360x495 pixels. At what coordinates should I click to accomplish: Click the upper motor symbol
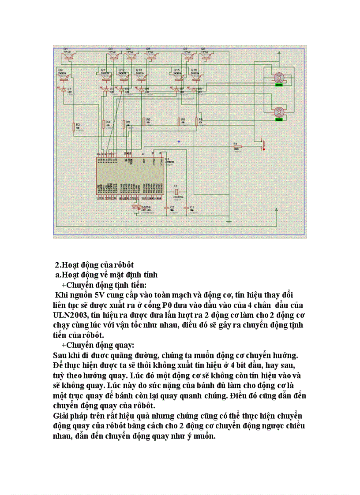pyautogui.click(x=278, y=77)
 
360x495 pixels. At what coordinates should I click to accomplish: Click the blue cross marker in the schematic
pyautogui.click(x=179, y=141)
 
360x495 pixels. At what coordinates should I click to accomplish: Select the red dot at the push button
pyautogui.click(x=264, y=149)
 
